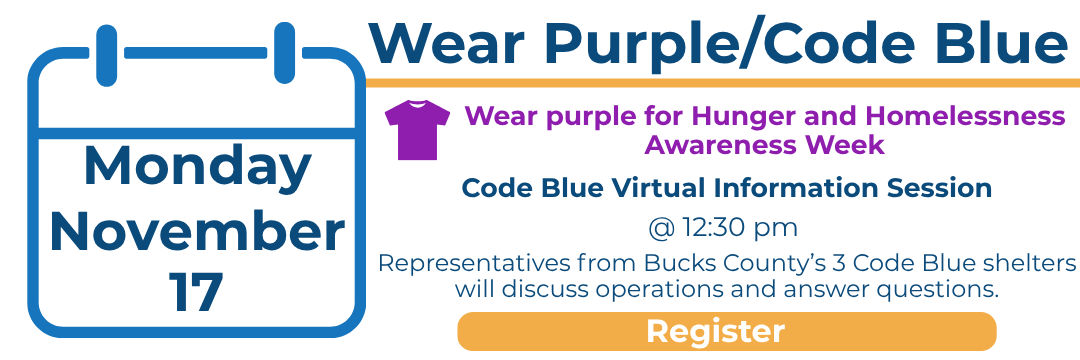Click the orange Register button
[727, 331]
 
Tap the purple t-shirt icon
[417, 130]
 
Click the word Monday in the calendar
[198, 167]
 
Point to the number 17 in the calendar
[196, 293]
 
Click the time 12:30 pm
[740, 227]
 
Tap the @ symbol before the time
[662, 228]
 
